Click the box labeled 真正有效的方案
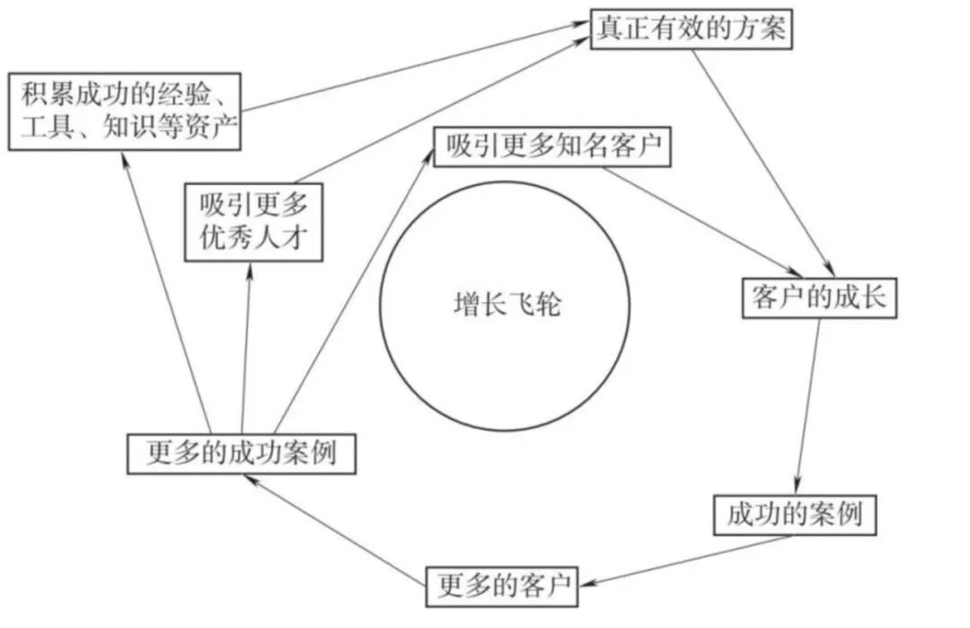pos(691,30)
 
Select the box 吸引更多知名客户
pos(551,147)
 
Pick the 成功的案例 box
pos(795,515)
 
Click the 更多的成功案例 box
pos(240,453)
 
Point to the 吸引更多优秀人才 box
pos(252,223)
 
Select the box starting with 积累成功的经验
pos(125,111)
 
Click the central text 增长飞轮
pos(507,305)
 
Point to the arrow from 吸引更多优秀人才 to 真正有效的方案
pos(440,107)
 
